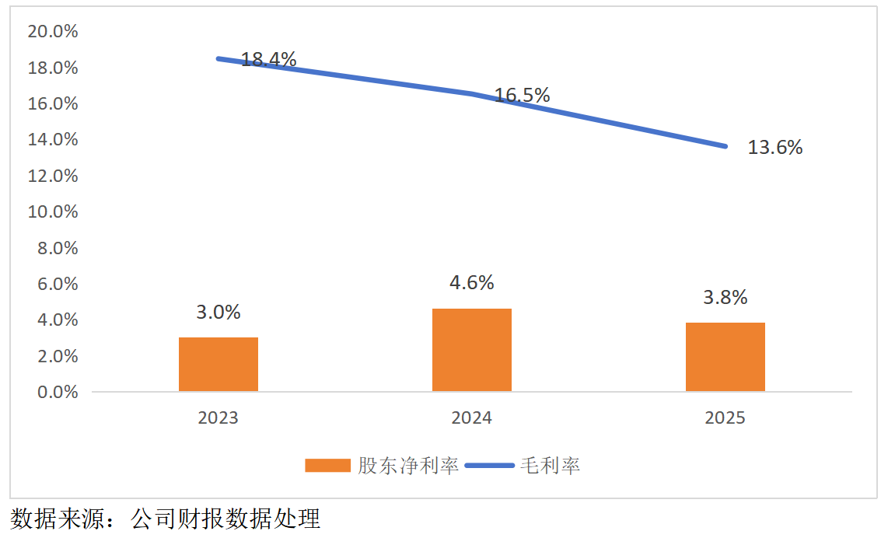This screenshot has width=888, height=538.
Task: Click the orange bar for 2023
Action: tap(219, 364)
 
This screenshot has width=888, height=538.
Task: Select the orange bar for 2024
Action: tap(472, 350)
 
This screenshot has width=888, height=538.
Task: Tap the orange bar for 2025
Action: tap(725, 357)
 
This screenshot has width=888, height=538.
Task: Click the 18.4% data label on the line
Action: tap(268, 59)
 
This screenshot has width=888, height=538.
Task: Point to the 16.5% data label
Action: tap(522, 96)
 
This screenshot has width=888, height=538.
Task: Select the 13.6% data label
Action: tap(774, 148)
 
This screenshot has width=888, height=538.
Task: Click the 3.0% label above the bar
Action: tap(219, 313)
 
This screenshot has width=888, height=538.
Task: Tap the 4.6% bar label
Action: tap(472, 282)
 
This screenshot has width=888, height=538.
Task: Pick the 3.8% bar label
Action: tap(725, 297)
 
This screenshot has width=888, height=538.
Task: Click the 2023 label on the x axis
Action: tap(219, 417)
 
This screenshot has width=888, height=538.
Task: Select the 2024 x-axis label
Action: tap(472, 417)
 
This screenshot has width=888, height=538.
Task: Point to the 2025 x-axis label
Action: tap(725, 417)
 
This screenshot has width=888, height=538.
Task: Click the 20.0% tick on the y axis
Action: tap(53, 31)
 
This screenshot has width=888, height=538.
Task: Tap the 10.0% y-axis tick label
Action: tap(53, 211)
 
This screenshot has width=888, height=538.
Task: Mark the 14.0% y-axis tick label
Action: tap(53, 139)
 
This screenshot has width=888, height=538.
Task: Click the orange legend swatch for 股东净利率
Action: tap(328, 466)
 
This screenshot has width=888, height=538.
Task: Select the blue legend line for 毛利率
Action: tap(490, 466)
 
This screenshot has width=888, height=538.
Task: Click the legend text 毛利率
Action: tap(550, 466)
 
